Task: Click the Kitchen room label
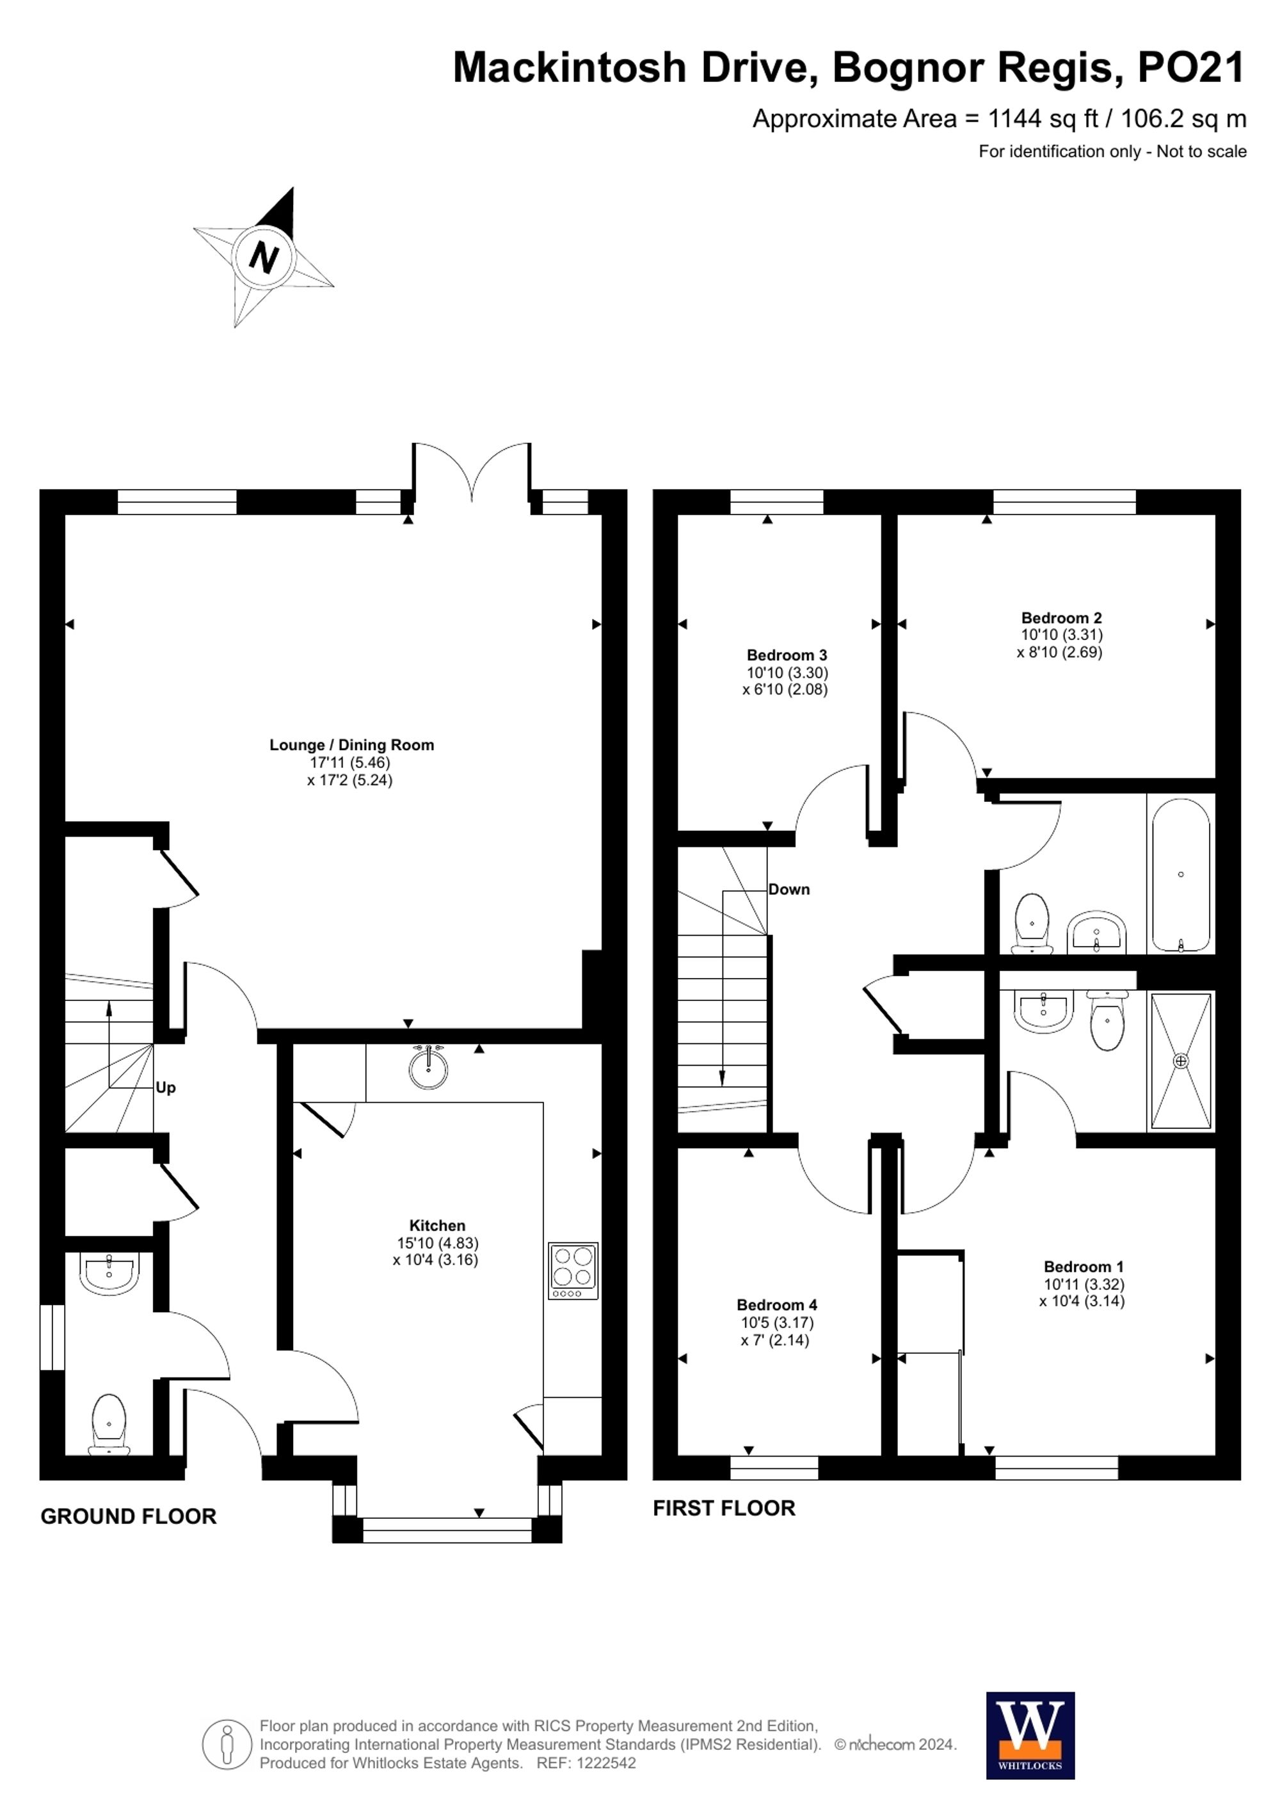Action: point(436,1225)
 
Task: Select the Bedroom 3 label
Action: point(787,655)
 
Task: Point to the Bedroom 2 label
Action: point(1061,618)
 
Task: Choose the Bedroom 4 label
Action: point(776,1304)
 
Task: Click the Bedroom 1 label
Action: point(1083,1267)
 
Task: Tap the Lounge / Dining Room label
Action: point(351,745)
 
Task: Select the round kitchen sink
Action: point(428,1068)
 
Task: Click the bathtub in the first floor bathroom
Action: point(1181,875)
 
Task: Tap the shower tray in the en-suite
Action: point(1181,1061)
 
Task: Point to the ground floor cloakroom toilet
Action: point(109,1422)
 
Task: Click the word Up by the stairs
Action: point(166,1088)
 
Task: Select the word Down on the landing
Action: point(789,889)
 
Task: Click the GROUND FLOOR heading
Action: point(129,1517)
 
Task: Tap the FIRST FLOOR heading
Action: point(724,1508)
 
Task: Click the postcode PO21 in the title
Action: point(1190,68)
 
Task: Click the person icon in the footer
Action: point(227,1745)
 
